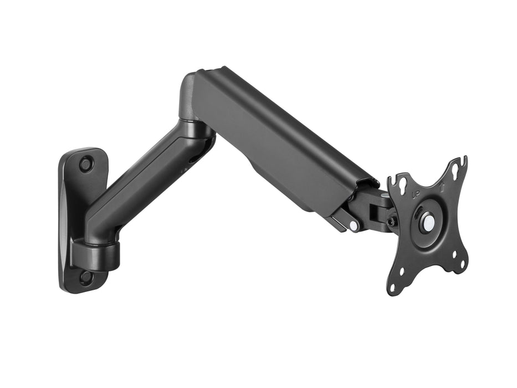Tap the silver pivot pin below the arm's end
[353, 226]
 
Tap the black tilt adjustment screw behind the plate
[392, 221]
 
